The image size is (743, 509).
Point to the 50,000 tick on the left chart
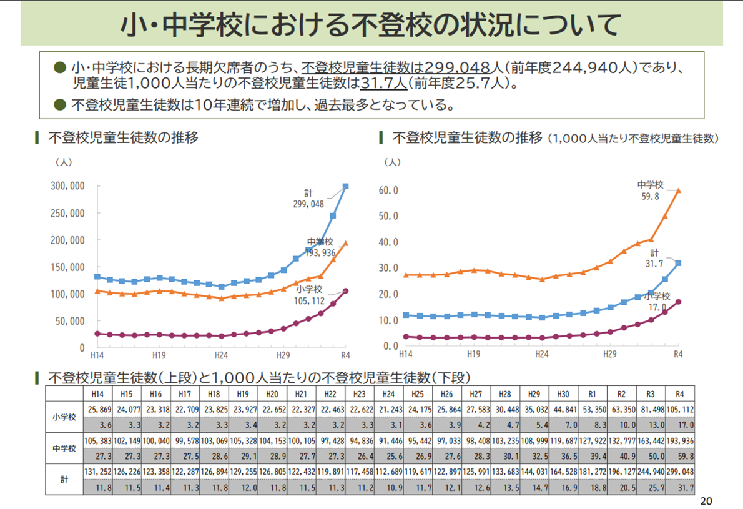pos(69,320)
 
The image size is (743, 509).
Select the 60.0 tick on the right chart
pos(388,190)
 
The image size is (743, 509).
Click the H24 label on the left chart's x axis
pos(221,355)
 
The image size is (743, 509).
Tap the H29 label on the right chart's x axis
pos(610,354)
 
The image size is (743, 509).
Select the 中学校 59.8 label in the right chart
pos(650,190)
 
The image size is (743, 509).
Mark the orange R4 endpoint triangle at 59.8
pos(678,190)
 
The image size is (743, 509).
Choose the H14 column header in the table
pos(98,395)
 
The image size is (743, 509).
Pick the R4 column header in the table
pos(680,395)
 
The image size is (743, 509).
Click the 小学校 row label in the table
pos(64,417)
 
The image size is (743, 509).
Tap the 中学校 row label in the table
pos(64,447)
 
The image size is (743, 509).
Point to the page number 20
pos(706,500)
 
